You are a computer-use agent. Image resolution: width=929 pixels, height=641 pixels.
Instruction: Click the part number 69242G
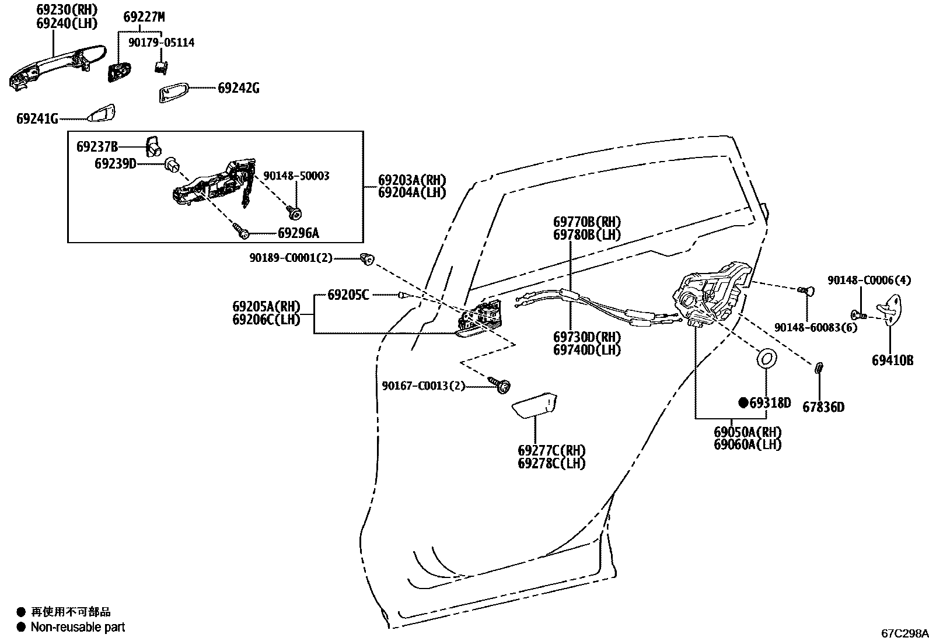click(238, 89)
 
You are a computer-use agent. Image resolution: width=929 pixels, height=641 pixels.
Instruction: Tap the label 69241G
click(37, 119)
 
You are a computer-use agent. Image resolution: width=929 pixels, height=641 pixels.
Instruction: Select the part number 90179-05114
click(161, 43)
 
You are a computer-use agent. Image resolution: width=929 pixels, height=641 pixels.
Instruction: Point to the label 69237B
click(97, 146)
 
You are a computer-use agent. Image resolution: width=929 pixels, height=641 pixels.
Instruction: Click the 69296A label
click(298, 233)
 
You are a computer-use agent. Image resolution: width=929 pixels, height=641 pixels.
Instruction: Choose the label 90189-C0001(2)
click(291, 258)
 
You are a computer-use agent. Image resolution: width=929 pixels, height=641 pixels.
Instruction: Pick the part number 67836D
click(823, 407)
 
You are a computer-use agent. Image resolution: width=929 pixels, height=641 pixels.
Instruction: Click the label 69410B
click(892, 360)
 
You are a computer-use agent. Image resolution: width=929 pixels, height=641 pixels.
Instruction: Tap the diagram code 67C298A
click(904, 633)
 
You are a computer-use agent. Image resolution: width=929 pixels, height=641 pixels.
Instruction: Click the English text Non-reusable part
click(78, 628)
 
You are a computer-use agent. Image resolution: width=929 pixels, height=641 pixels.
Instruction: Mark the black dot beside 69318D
click(743, 402)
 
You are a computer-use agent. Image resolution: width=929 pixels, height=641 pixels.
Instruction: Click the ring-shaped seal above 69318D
click(766, 358)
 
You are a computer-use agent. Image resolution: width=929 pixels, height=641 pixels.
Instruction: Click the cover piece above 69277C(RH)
click(535, 406)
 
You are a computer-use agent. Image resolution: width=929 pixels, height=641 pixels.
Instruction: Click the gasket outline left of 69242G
click(173, 92)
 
